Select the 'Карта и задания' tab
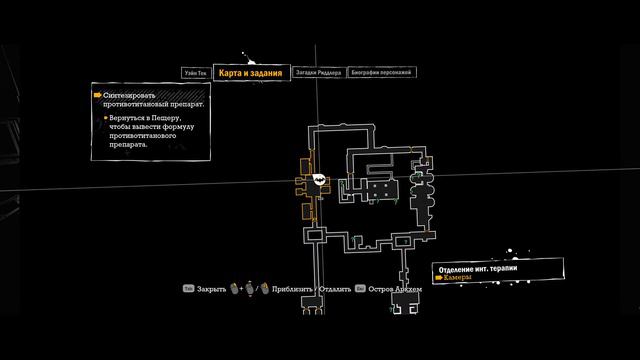tap(252, 73)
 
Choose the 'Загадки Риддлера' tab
tap(320, 73)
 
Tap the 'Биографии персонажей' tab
tap(381, 73)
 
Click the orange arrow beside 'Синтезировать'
tap(97, 95)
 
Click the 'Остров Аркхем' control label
tap(399, 288)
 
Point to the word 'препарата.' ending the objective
tap(129, 143)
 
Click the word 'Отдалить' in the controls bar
tap(335, 288)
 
